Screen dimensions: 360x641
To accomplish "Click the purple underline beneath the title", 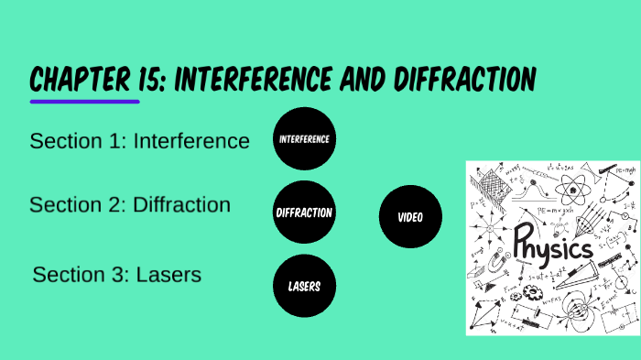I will pyautogui.click(x=71, y=101).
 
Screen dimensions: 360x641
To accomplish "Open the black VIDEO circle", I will pyautogui.click(x=409, y=218).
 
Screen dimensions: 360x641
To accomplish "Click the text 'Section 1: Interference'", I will pyautogui.click(x=139, y=141).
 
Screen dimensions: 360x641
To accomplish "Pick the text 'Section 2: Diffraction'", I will pyautogui.click(x=130, y=204).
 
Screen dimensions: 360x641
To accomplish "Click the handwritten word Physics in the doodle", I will pyautogui.click(x=552, y=242).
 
